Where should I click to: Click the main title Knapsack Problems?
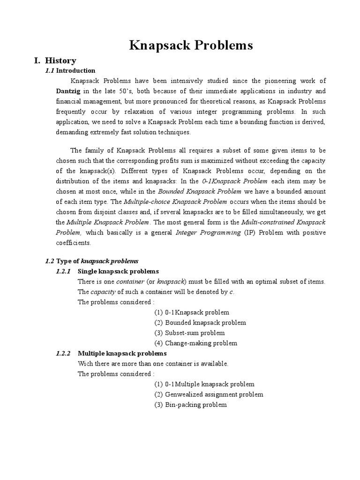[x=191, y=45]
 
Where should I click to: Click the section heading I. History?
[x=54, y=60]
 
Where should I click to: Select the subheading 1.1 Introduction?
[x=70, y=71]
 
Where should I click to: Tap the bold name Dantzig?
[x=68, y=91]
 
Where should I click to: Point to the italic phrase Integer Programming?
[x=208, y=232]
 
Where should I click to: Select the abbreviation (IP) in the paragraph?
[x=251, y=232]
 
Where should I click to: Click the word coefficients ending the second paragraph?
[x=74, y=243]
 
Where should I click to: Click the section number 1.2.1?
[x=63, y=271]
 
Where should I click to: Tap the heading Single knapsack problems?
[x=118, y=271]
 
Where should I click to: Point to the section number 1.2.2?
[x=63, y=353]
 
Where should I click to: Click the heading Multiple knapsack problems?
[x=122, y=353]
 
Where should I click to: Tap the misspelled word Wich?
[x=84, y=364]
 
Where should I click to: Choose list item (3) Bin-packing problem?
[x=190, y=405]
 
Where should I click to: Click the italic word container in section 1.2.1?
[x=130, y=282]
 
